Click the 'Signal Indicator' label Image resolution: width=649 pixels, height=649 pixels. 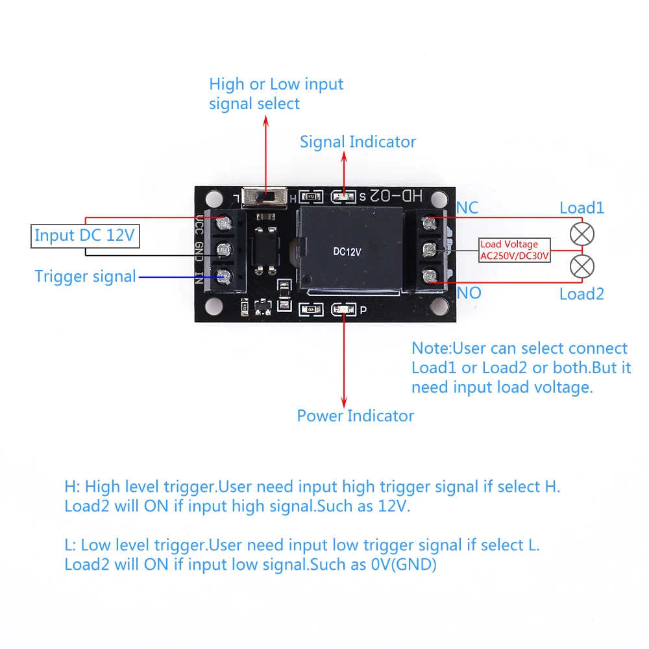pos(358,141)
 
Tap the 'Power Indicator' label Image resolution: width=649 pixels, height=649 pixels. pos(355,415)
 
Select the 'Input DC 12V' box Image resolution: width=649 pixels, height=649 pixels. pos(84,236)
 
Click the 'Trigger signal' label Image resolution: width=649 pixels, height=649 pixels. pos(85,276)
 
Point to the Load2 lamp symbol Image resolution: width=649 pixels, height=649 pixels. pos(582,266)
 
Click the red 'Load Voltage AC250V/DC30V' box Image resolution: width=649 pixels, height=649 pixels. pos(514,250)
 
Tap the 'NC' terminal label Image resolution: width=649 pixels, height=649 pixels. pos(467,208)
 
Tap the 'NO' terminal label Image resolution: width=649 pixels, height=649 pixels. pos(469,293)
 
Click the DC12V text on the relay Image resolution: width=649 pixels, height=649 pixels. pos(347,251)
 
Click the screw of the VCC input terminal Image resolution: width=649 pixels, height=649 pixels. pos(225,224)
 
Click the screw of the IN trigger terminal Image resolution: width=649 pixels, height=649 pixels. pos(225,277)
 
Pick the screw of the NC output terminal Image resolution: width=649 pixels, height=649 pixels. pos(429,223)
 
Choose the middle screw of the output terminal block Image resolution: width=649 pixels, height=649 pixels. pos(429,250)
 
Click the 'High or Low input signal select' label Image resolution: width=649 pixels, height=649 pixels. pos(276,93)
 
